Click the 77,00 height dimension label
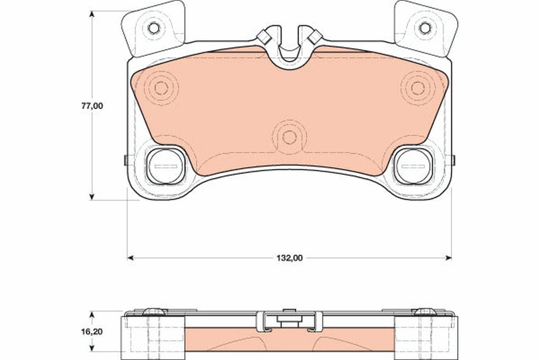(x=92, y=106)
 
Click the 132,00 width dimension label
(x=289, y=258)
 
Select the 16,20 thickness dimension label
(x=92, y=332)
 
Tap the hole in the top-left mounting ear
(x=153, y=28)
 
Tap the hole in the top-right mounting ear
(x=425, y=28)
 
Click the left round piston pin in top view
(x=166, y=166)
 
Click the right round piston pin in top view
(x=413, y=166)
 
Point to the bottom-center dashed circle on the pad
(x=289, y=137)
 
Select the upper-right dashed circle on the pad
(x=418, y=88)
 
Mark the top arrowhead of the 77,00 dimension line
(x=92, y=14)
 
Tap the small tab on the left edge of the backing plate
(x=126, y=160)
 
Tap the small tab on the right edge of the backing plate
(x=453, y=160)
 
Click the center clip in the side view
(x=289, y=320)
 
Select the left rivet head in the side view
(x=154, y=311)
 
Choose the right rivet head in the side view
(x=425, y=311)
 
